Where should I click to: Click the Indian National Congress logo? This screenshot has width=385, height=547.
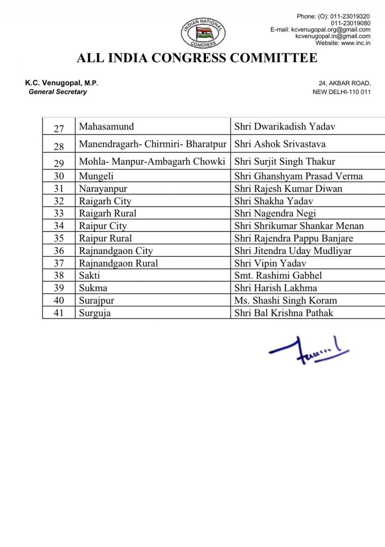(203, 33)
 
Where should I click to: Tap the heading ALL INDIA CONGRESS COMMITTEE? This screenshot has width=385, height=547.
(197, 58)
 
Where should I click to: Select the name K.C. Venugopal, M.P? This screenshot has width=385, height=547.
(62, 83)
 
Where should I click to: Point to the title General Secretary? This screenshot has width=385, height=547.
(58, 92)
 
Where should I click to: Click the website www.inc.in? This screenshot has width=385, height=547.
(355, 43)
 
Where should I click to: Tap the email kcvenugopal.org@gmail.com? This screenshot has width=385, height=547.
(331, 30)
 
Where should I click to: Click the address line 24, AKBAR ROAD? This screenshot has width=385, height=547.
(344, 83)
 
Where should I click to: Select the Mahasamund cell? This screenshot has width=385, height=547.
(106, 126)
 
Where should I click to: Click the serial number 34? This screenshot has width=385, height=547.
(59, 226)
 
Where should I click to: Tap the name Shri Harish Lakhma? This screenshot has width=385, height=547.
(275, 288)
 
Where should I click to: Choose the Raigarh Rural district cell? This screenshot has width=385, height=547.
(108, 213)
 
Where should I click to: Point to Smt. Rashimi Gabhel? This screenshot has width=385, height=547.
(278, 275)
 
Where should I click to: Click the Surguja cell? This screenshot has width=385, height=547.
(95, 313)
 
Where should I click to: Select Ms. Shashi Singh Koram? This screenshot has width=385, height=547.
(285, 301)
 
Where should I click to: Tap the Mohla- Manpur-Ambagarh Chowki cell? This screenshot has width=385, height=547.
(152, 161)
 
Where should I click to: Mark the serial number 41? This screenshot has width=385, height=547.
(59, 313)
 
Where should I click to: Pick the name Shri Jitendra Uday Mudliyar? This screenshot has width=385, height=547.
(292, 251)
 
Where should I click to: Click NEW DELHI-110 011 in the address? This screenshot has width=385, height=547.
(341, 92)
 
